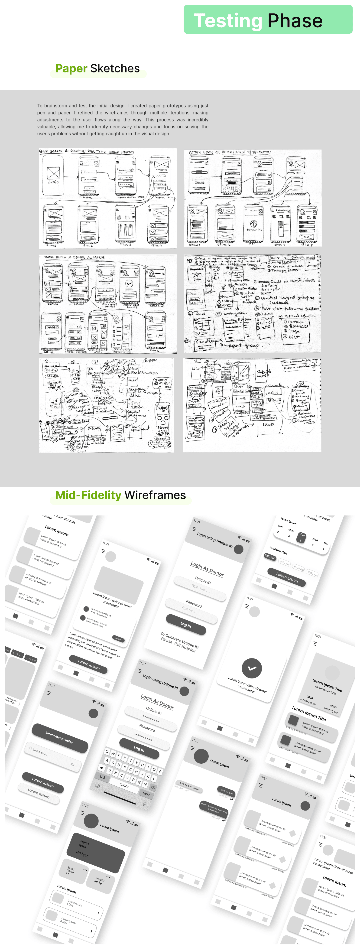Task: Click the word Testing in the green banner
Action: [x=228, y=21]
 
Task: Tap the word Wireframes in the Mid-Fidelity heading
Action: [x=155, y=495]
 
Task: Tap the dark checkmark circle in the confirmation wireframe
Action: [x=252, y=668]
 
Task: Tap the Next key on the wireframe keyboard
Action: [x=146, y=794]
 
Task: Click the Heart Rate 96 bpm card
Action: [x=95, y=849]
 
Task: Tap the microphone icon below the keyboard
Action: [x=144, y=804]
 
